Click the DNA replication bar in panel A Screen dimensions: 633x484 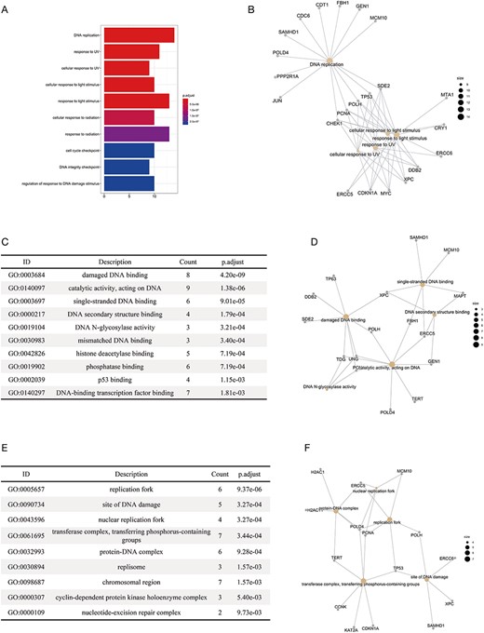[x=140, y=36]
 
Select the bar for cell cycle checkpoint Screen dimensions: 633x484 [x=129, y=151]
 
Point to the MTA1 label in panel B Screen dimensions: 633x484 [x=446, y=94]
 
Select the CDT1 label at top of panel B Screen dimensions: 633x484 [x=322, y=6]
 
